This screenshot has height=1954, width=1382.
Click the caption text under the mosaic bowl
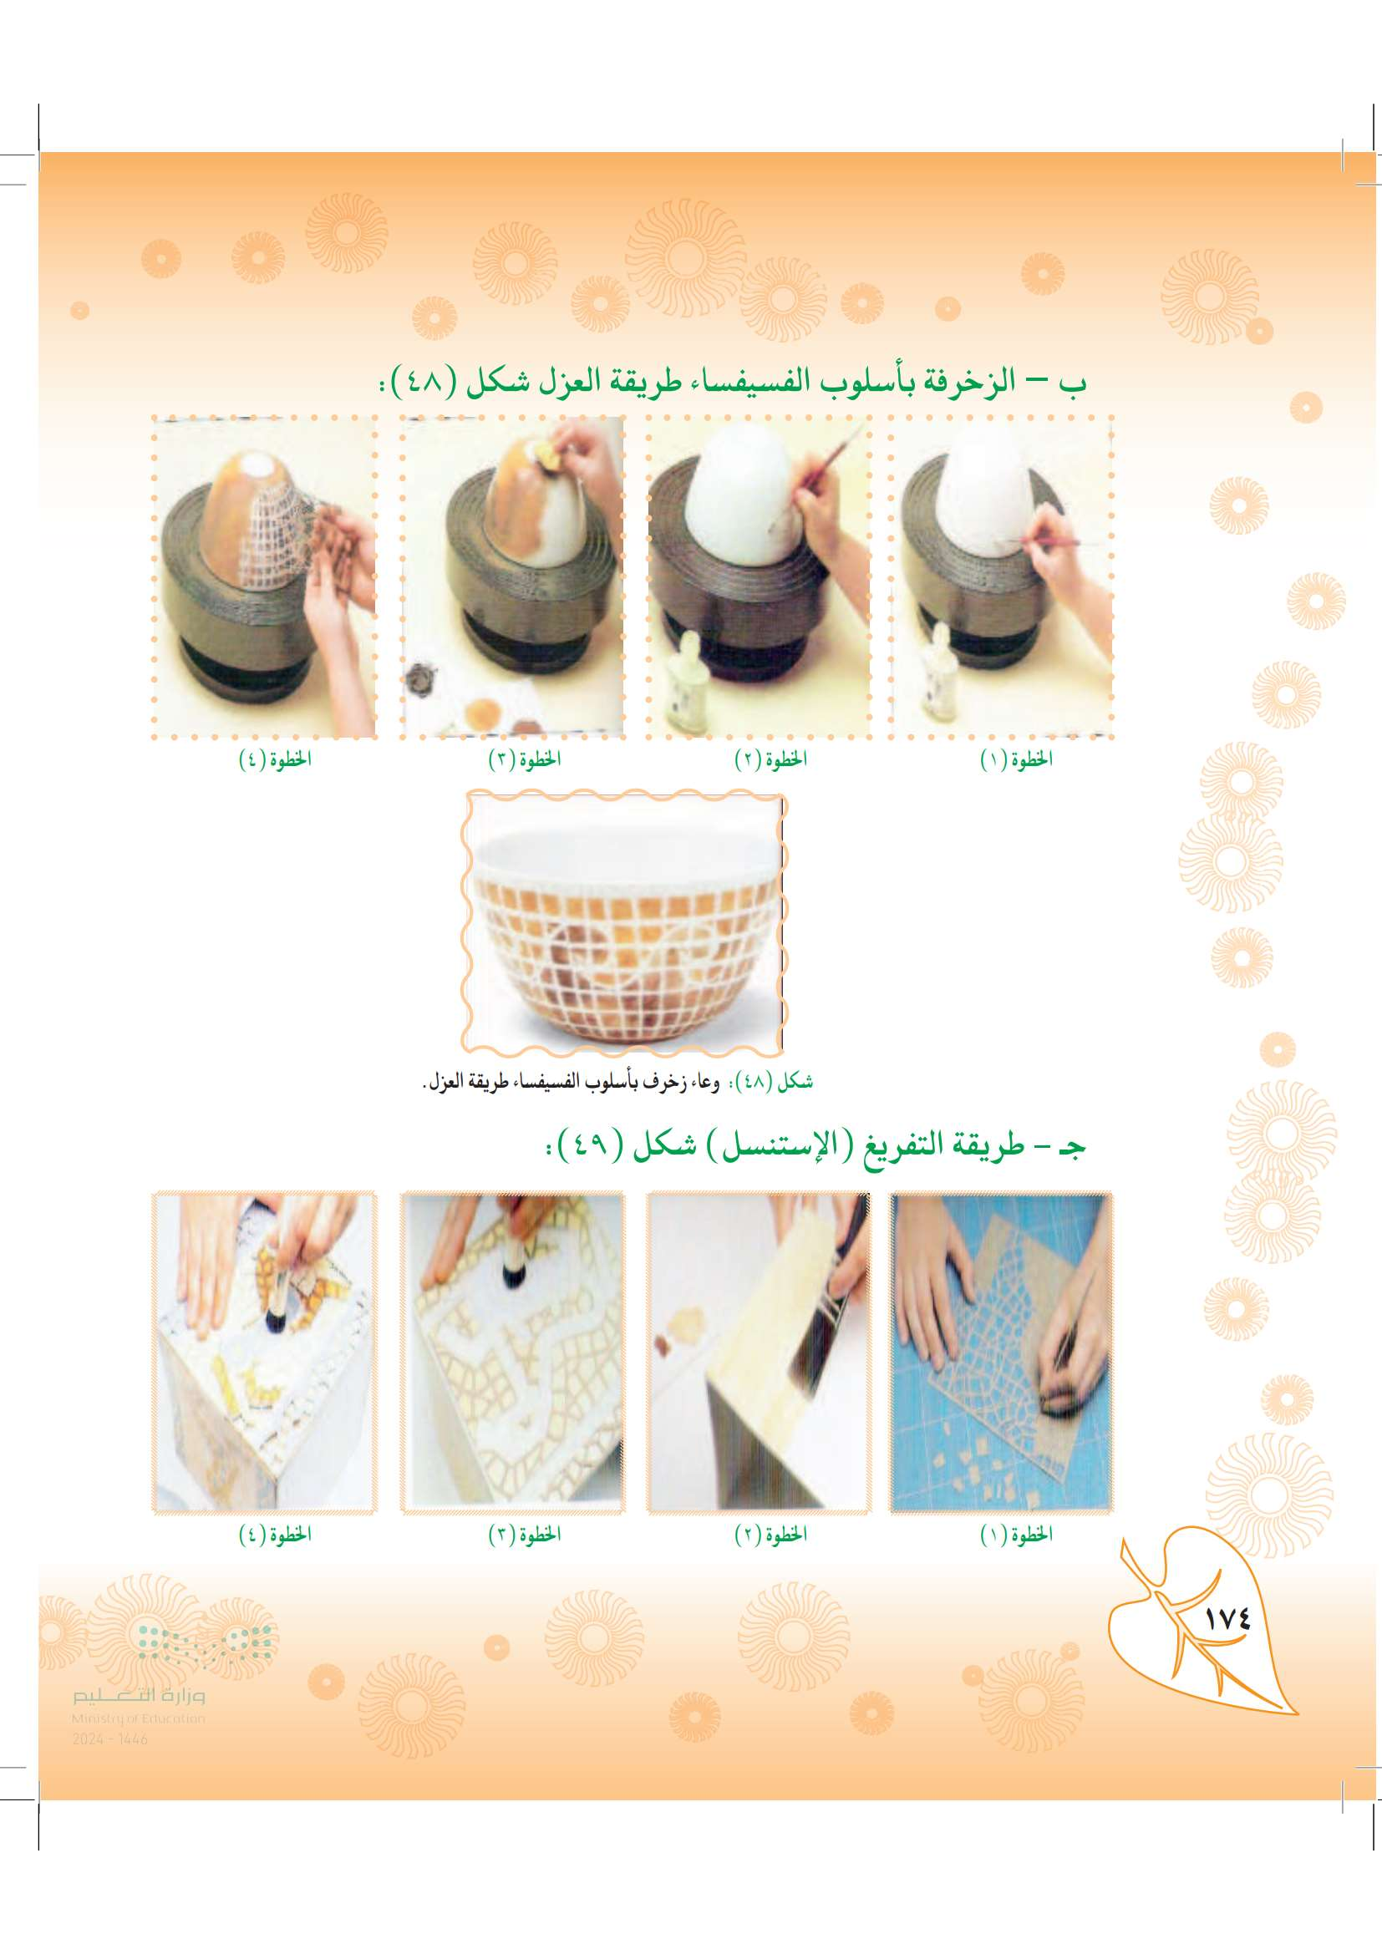click(x=617, y=1083)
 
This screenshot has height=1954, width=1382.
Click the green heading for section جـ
click(x=814, y=1146)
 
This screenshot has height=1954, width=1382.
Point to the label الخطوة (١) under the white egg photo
click(x=1016, y=760)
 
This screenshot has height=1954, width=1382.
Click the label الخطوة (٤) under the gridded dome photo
click(x=274, y=760)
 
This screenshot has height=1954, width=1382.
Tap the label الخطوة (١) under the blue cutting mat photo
click(x=1016, y=1535)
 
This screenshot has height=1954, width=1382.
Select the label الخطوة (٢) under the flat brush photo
click(x=770, y=1535)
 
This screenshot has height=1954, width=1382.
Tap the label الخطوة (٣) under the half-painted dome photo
click(x=524, y=760)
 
